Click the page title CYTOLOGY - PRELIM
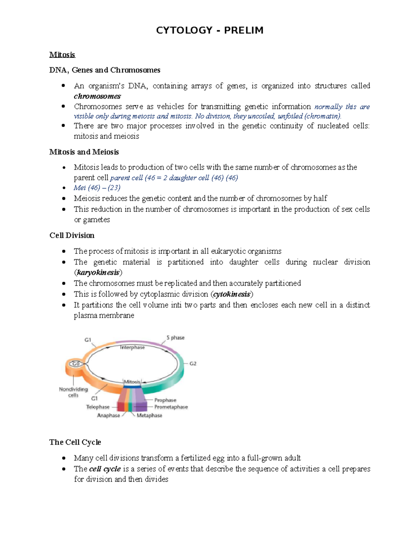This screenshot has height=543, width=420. [x=209, y=30]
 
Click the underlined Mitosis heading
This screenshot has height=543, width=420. [x=62, y=55]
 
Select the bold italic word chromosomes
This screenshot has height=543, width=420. [x=97, y=96]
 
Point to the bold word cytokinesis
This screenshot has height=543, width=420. [x=232, y=294]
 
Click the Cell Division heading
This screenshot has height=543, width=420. [x=72, y=235]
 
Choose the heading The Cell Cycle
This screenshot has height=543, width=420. [x=75, y=442]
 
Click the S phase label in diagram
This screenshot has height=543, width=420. [x=175, y=337]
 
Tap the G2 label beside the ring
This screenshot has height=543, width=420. [x=193, y=363]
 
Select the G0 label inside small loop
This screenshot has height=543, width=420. [x=76, y=364]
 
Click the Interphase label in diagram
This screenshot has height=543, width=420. [x=132, y=347]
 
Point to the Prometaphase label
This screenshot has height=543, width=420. [x=171, y=407]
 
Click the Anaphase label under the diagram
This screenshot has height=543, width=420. [x=108, y=415]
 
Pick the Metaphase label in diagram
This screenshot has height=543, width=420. [x=149, y=415]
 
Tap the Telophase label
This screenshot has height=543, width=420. [x=98, y=407]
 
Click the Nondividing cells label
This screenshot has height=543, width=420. [x=73, y=392]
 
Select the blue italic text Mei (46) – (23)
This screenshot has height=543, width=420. [x=97, y=188]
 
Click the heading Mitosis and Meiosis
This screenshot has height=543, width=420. [x=84, y=152]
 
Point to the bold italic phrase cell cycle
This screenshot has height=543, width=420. [x=105, y=469]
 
